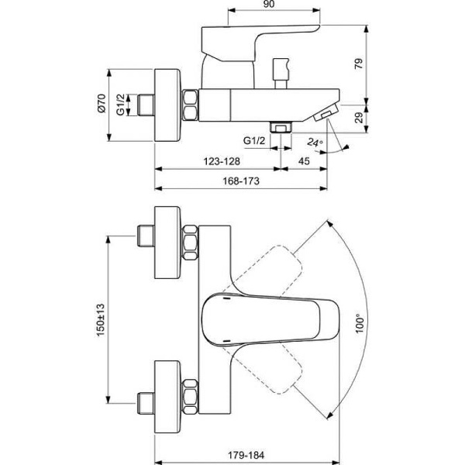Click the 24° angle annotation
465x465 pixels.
tap(314, 143)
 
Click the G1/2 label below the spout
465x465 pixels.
tap(253, 141)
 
